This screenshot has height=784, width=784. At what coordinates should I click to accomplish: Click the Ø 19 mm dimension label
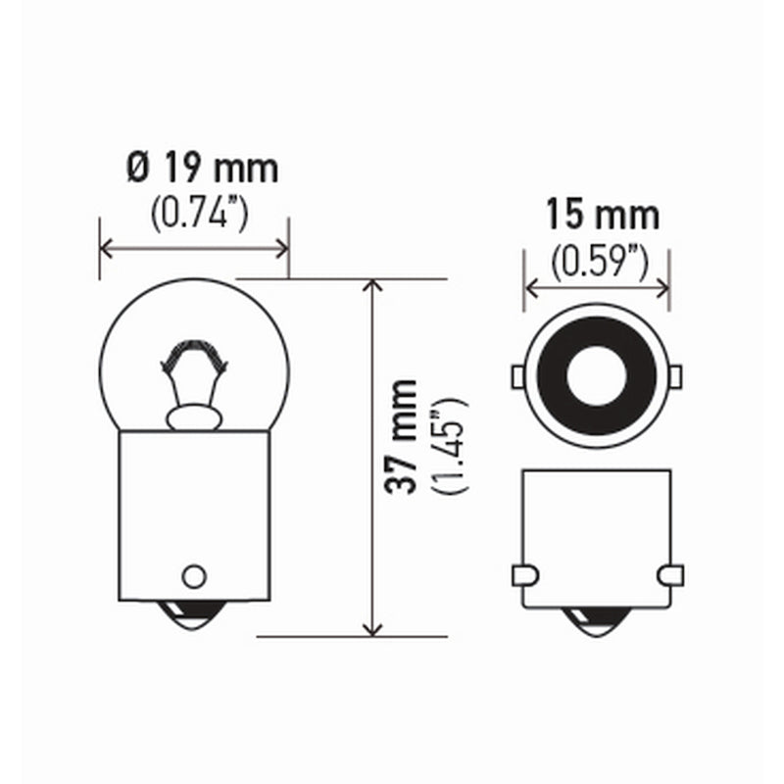[202, 170]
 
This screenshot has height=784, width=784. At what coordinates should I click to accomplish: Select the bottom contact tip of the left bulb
[193, 616]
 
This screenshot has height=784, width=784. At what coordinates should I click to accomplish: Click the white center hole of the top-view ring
[597, 377]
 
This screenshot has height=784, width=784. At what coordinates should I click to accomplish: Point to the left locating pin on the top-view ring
[520, 377]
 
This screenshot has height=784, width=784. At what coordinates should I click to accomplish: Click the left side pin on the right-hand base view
[526, 573]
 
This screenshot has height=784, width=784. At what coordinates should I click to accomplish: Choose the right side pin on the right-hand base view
[668, 573]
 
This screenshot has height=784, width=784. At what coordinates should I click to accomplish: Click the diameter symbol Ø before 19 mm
[138, 170]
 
